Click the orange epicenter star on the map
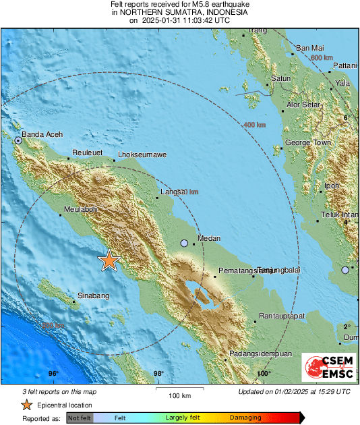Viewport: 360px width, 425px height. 108,260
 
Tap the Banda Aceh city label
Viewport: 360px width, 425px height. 42,135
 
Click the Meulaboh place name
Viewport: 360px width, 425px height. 81,210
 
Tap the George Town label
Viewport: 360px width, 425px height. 308,143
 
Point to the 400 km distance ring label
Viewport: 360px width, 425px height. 254,125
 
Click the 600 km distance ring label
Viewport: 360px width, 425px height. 321,59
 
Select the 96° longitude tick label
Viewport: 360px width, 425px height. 53,373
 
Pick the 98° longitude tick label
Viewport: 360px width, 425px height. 158,373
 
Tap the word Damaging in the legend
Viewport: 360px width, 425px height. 245,418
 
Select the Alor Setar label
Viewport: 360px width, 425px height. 303,105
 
